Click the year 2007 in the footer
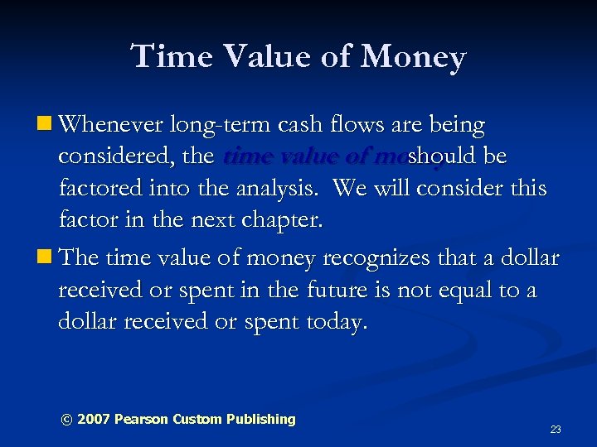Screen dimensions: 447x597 coord(93,419)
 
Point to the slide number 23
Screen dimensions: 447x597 coord(556,430)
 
